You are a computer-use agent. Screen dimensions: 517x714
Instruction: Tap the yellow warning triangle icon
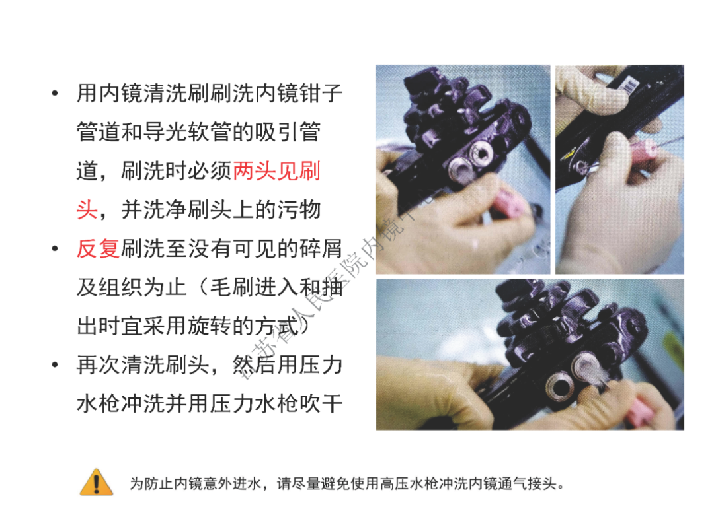[x=97, y=483]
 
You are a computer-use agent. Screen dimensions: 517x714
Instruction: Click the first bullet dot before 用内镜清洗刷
[x=55, y=93]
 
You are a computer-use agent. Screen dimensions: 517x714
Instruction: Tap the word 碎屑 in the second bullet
[x=321, y=249]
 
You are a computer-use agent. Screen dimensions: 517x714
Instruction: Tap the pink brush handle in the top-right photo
[x=645, y=154]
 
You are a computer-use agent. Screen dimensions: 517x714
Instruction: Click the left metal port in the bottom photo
[x=554, y=383]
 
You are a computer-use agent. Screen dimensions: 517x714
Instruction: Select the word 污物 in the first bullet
[x=299, y=210]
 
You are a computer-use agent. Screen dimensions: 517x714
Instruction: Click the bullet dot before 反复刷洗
[x=55, y=249]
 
